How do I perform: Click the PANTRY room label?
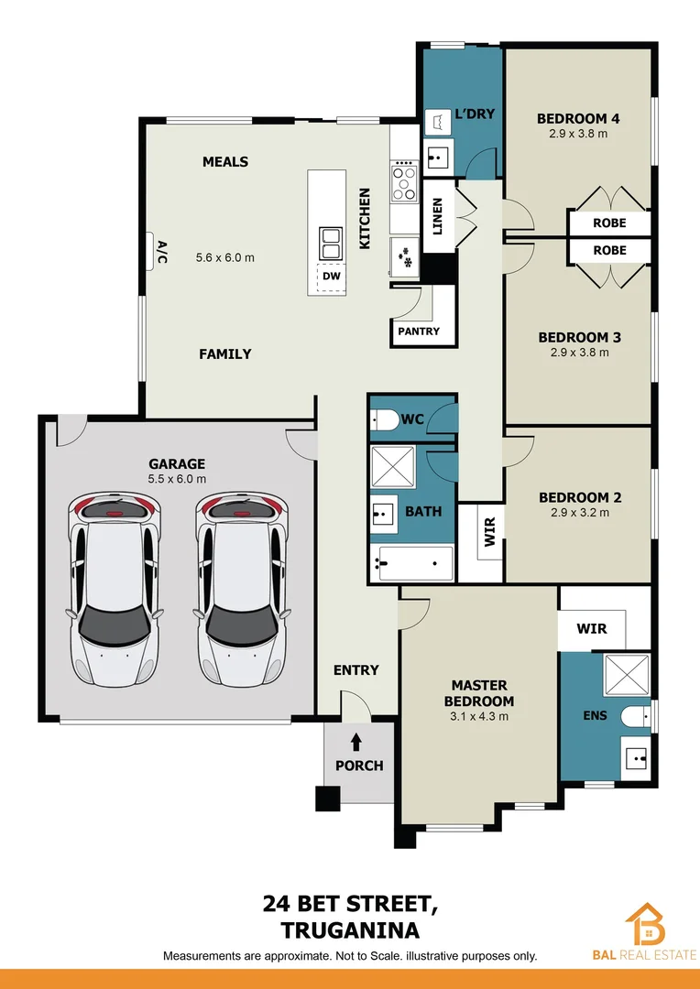tap(419, 331)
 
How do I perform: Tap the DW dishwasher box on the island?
tap(331, 277)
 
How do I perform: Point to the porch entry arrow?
tap(356, 742)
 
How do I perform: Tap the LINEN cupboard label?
tap(438, 216)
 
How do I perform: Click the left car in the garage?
tap(113, 589)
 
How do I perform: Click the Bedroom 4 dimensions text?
tap(578, 134)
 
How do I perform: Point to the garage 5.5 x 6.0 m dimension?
tap(177, 479)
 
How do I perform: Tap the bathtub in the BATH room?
tap(412, 563)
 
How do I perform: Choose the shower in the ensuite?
tap(626, 677)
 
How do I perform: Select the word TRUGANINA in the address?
tap(350, 930)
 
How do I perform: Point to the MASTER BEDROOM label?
tap(479, 692)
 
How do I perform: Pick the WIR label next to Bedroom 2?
tap(490, 532)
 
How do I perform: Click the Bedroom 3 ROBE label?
tap(609, 250)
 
